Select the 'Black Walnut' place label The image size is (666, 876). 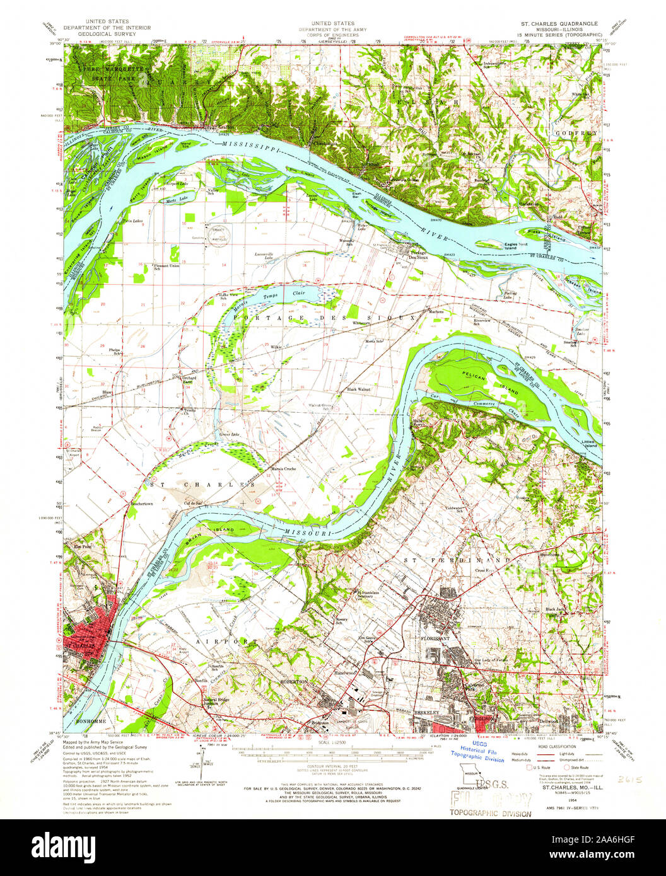(x=357, y=390)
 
